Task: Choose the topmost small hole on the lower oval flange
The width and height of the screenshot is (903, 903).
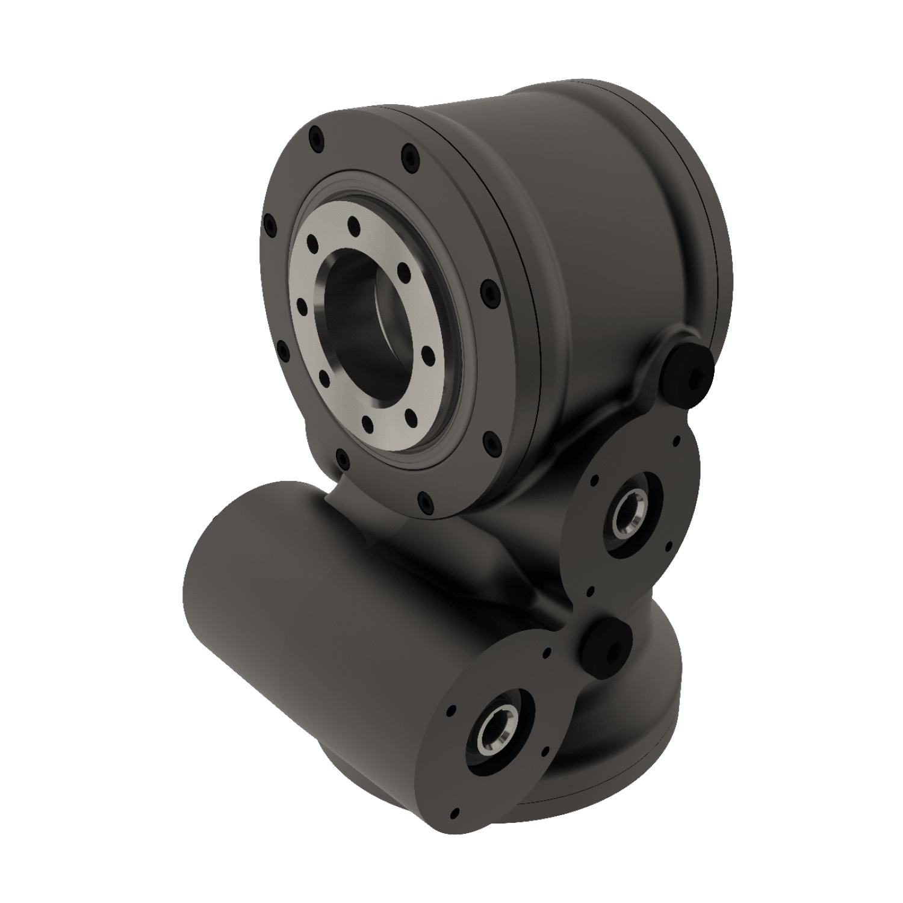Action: coord(547,651)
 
